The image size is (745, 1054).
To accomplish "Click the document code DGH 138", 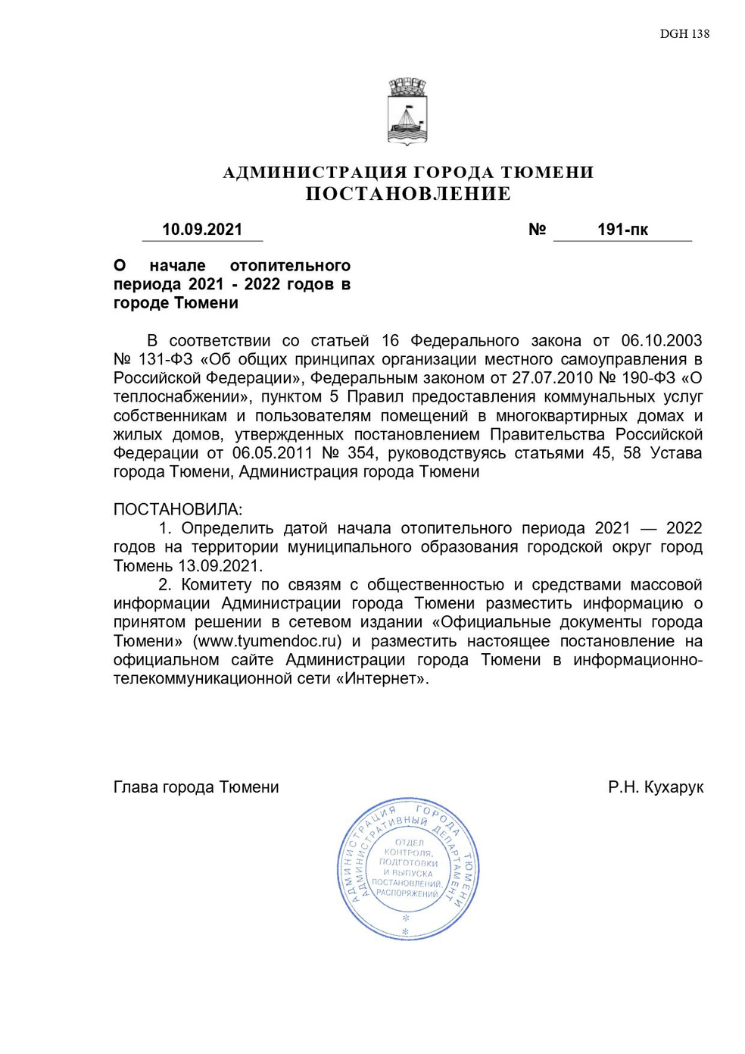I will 684,33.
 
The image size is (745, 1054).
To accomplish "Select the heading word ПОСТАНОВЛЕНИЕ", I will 408,194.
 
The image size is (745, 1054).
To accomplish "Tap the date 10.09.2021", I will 202,230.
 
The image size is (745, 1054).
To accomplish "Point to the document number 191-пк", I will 622,230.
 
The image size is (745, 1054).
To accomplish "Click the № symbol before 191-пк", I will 537,230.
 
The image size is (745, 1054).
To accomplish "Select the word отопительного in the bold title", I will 290,266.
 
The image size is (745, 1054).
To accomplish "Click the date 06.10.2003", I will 661,341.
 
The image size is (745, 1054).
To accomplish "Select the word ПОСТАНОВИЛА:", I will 178,509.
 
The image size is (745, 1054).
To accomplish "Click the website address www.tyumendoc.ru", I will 267,641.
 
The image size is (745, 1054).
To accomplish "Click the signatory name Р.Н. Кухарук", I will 656,787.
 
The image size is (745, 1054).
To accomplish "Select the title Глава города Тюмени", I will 196,787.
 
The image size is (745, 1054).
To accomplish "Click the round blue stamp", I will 407,868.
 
